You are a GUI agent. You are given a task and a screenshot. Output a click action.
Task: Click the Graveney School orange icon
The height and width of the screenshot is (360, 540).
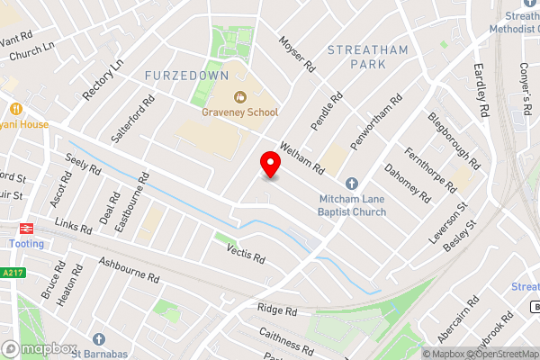pos(239,96)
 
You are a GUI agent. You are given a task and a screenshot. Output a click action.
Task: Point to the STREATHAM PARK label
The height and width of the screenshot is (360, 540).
pos(368,56)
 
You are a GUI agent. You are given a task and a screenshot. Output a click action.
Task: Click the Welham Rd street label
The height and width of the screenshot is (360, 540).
pos(301,158)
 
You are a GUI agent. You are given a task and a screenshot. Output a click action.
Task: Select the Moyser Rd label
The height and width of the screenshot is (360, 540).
pos(297,54)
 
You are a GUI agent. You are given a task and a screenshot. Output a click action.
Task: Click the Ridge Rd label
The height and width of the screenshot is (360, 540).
pos(277,309)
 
